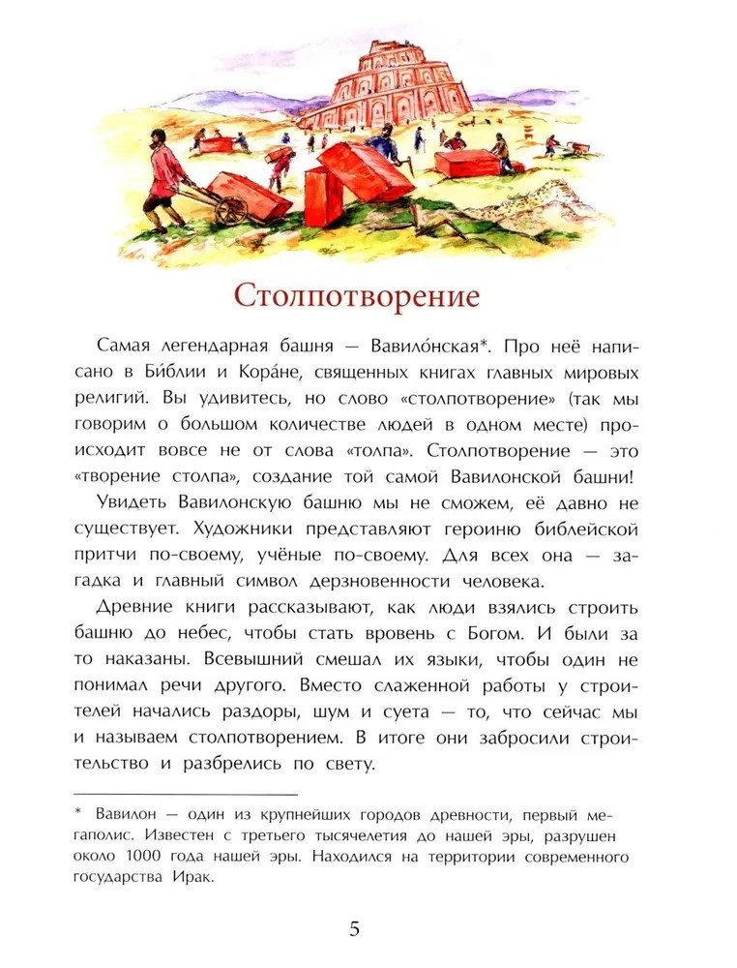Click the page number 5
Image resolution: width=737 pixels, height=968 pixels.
354,929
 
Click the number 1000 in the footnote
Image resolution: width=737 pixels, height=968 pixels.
168,857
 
